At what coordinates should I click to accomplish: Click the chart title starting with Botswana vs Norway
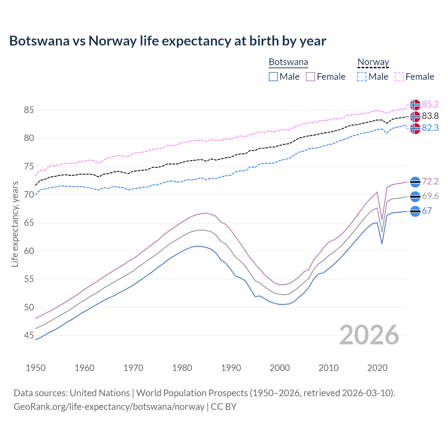click(x=168, y=41)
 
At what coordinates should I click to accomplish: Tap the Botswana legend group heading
click(x=288, y=62)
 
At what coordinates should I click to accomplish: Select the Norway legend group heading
click(x=373, y=62)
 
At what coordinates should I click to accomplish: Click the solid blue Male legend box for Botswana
click(x=273, y=77)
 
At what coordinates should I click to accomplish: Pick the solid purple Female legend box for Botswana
click(x=310, y=77)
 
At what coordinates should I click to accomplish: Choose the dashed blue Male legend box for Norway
click(x=362, y=77)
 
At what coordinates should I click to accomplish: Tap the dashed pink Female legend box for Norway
click(x=399, y=77)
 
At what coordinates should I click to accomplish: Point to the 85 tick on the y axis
click(x=29, y=110)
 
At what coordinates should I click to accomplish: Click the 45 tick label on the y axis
click(x=29, y=336)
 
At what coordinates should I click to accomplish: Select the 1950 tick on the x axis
click(x=36, y=368)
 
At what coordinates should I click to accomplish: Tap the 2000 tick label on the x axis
click(x=280, y=368)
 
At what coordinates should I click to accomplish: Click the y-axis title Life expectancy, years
click(x=15, y=224)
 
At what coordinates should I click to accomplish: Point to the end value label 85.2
click(x=430, y=104)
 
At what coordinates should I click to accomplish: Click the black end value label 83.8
click(x=430, y=116)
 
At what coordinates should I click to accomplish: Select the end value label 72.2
click(x=430, y=181)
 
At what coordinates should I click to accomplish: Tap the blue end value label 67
click(x=427, y=211)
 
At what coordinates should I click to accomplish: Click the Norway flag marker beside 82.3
click(x=415, y=128)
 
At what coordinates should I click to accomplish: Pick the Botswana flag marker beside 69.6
click(x=415, y=197)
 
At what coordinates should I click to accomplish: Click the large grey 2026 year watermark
click(x=369, y=335)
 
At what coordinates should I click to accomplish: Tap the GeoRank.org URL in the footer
click(x=109, y=407)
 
